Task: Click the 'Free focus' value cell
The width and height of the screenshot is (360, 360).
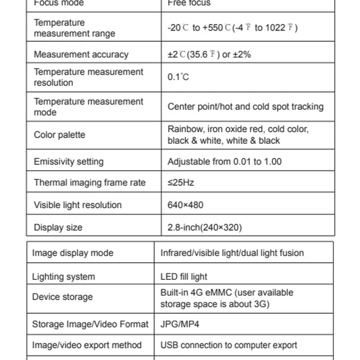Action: coord(189,3)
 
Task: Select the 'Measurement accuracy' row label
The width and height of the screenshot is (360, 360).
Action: coord(81,55)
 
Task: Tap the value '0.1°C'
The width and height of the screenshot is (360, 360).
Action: coord(178,77)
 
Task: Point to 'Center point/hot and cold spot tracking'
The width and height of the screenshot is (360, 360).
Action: coord(245,107)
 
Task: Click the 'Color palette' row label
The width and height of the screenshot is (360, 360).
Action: coord(59,135)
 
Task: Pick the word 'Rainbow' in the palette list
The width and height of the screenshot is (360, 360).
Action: coord(185,129)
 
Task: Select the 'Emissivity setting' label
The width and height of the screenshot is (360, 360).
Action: coord(68,162)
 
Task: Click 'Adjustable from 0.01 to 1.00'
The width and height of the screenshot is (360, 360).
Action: coord(225,162)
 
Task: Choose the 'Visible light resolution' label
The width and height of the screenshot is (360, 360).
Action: coord(77,205)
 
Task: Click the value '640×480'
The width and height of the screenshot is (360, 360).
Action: coord(185,205)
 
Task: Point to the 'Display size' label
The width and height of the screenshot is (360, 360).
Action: coord(58,227)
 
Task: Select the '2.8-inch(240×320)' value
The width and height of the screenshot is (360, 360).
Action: coord(204,227)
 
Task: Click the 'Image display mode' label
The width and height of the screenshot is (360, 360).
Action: coord(72,253)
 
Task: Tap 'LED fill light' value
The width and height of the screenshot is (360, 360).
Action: coord(184,277)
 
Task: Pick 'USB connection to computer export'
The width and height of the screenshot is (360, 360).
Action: coord(229,345)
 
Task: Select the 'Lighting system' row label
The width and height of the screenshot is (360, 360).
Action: coord(63,277)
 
